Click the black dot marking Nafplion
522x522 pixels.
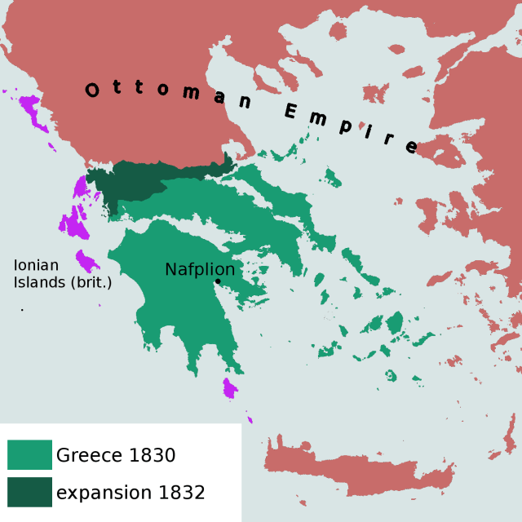pos(218,282)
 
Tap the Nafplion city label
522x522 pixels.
pos(200,269)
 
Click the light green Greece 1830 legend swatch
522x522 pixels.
pos(29,455)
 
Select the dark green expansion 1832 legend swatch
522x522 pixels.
pos(29,492)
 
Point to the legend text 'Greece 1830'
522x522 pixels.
pos(116,455)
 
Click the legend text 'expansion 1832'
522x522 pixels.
pos(130,493)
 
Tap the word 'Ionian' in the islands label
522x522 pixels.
pos(36,265)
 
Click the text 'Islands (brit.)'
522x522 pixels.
pos(63,282)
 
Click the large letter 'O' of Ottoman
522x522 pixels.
pos(93,90)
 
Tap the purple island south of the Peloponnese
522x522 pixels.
pos(230,388)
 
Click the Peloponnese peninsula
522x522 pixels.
pos(171,302)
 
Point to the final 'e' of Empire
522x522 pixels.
pos(411,148)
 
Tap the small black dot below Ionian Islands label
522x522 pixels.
pos(22,310)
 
